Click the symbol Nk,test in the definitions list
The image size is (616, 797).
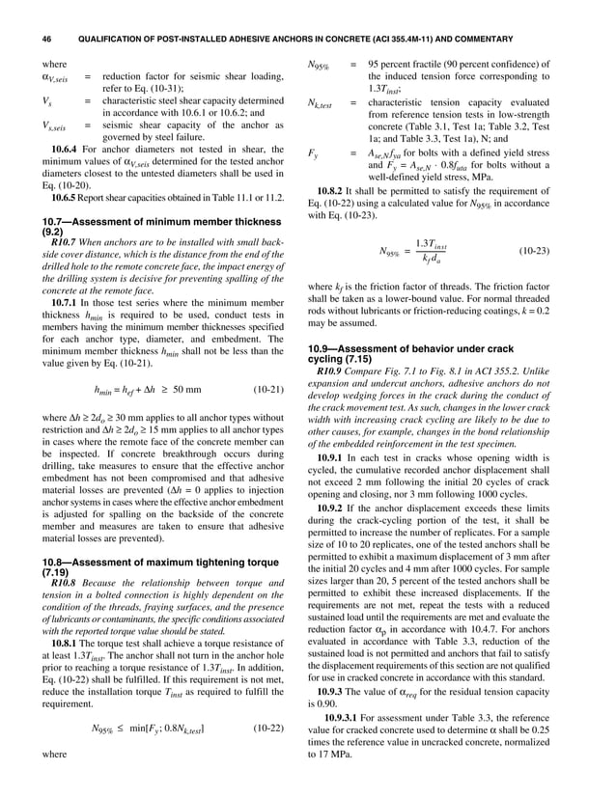(x=319, y=104)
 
